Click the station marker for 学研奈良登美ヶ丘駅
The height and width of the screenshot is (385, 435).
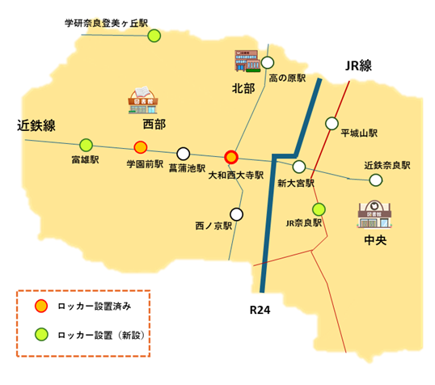154,35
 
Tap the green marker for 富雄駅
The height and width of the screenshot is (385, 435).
84,145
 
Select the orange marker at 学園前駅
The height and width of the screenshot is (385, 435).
140,147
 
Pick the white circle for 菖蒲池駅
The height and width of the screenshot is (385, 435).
184,153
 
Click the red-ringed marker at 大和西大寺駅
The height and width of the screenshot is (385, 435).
231,157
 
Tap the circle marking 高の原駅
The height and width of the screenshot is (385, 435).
266,62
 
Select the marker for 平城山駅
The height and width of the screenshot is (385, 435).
331,123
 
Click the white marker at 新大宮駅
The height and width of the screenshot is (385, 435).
299,167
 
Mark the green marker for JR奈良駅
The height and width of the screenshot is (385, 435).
319,208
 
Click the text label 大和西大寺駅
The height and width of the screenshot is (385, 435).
236,174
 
